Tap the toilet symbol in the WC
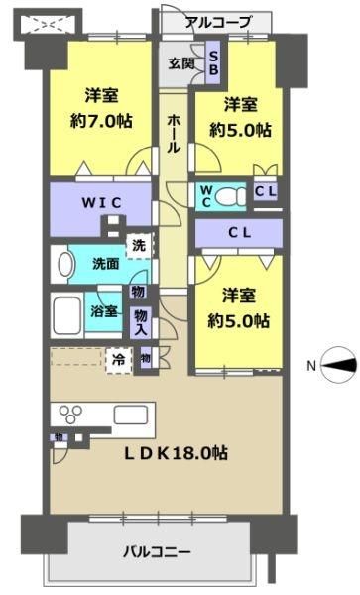click(232, 196)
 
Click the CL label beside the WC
click(265, 193)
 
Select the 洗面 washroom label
click(106, 265)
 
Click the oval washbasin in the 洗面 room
click(63, 265)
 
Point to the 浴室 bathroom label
click(104, 310)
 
